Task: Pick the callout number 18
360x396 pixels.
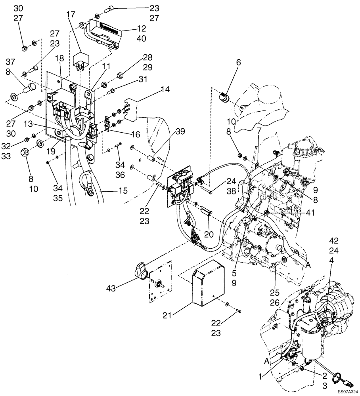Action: coord(59,58)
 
